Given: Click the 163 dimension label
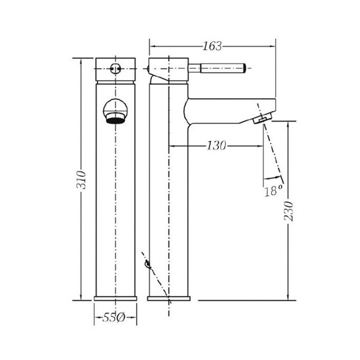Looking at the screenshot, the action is [212, 46].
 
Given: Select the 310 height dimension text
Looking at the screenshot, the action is [81, 180].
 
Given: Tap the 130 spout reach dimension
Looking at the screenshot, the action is [217, 146].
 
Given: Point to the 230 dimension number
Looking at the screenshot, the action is [289, 211].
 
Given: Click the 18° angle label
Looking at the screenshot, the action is [273, 190].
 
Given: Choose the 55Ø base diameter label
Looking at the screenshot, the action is [113, 318].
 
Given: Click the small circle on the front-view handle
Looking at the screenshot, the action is [115, 68].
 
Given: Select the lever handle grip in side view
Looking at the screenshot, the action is [222, 68].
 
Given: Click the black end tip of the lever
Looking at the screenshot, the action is [244, 68].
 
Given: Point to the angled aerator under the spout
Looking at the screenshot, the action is [263, 118].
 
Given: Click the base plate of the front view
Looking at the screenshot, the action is [115, 298].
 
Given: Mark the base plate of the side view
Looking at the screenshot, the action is [169, 298].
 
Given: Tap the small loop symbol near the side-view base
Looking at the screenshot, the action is [148, 265].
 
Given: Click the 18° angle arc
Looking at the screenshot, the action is [272, 177].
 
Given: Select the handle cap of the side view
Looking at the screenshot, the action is [169, 69].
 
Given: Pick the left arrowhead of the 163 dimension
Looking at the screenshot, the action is [152, 46].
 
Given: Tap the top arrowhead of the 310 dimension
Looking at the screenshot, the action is [81, 62].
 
